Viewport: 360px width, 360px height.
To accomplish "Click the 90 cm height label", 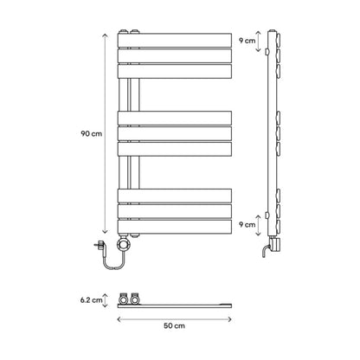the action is pos(92,134).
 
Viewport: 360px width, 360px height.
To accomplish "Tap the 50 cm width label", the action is pos(174,325).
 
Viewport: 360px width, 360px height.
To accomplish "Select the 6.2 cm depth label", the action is pos(91,300).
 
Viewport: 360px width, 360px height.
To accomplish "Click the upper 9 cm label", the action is pos(247,41).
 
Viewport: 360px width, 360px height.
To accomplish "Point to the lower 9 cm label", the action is pos(247,224).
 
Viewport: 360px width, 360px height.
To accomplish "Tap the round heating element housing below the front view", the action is pos(124,245).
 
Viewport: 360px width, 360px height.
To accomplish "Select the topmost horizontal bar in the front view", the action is pos(175,41).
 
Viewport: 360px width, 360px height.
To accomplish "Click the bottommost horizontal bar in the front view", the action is pos(175,227).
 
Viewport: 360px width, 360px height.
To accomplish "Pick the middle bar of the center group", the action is pos(175,134).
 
